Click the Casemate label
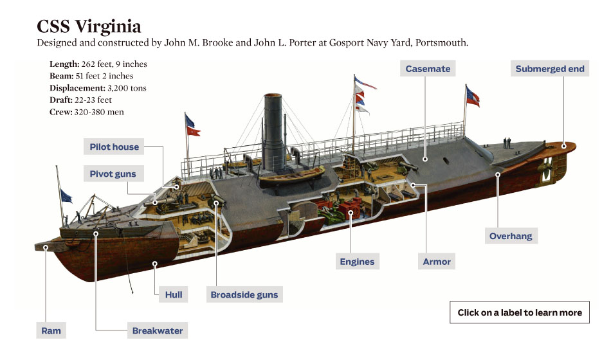428,69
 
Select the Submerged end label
550,69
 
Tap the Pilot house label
114,147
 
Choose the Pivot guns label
113,174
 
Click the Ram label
51,330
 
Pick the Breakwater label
158,330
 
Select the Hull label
174,294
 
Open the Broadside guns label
244,294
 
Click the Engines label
357,262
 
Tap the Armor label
437,262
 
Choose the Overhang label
511,236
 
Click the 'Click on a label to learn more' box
520,312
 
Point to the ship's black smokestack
274,132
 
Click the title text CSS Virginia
89,26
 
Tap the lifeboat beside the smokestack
291,177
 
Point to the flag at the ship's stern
473,96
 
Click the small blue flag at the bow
66,196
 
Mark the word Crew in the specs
61,112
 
